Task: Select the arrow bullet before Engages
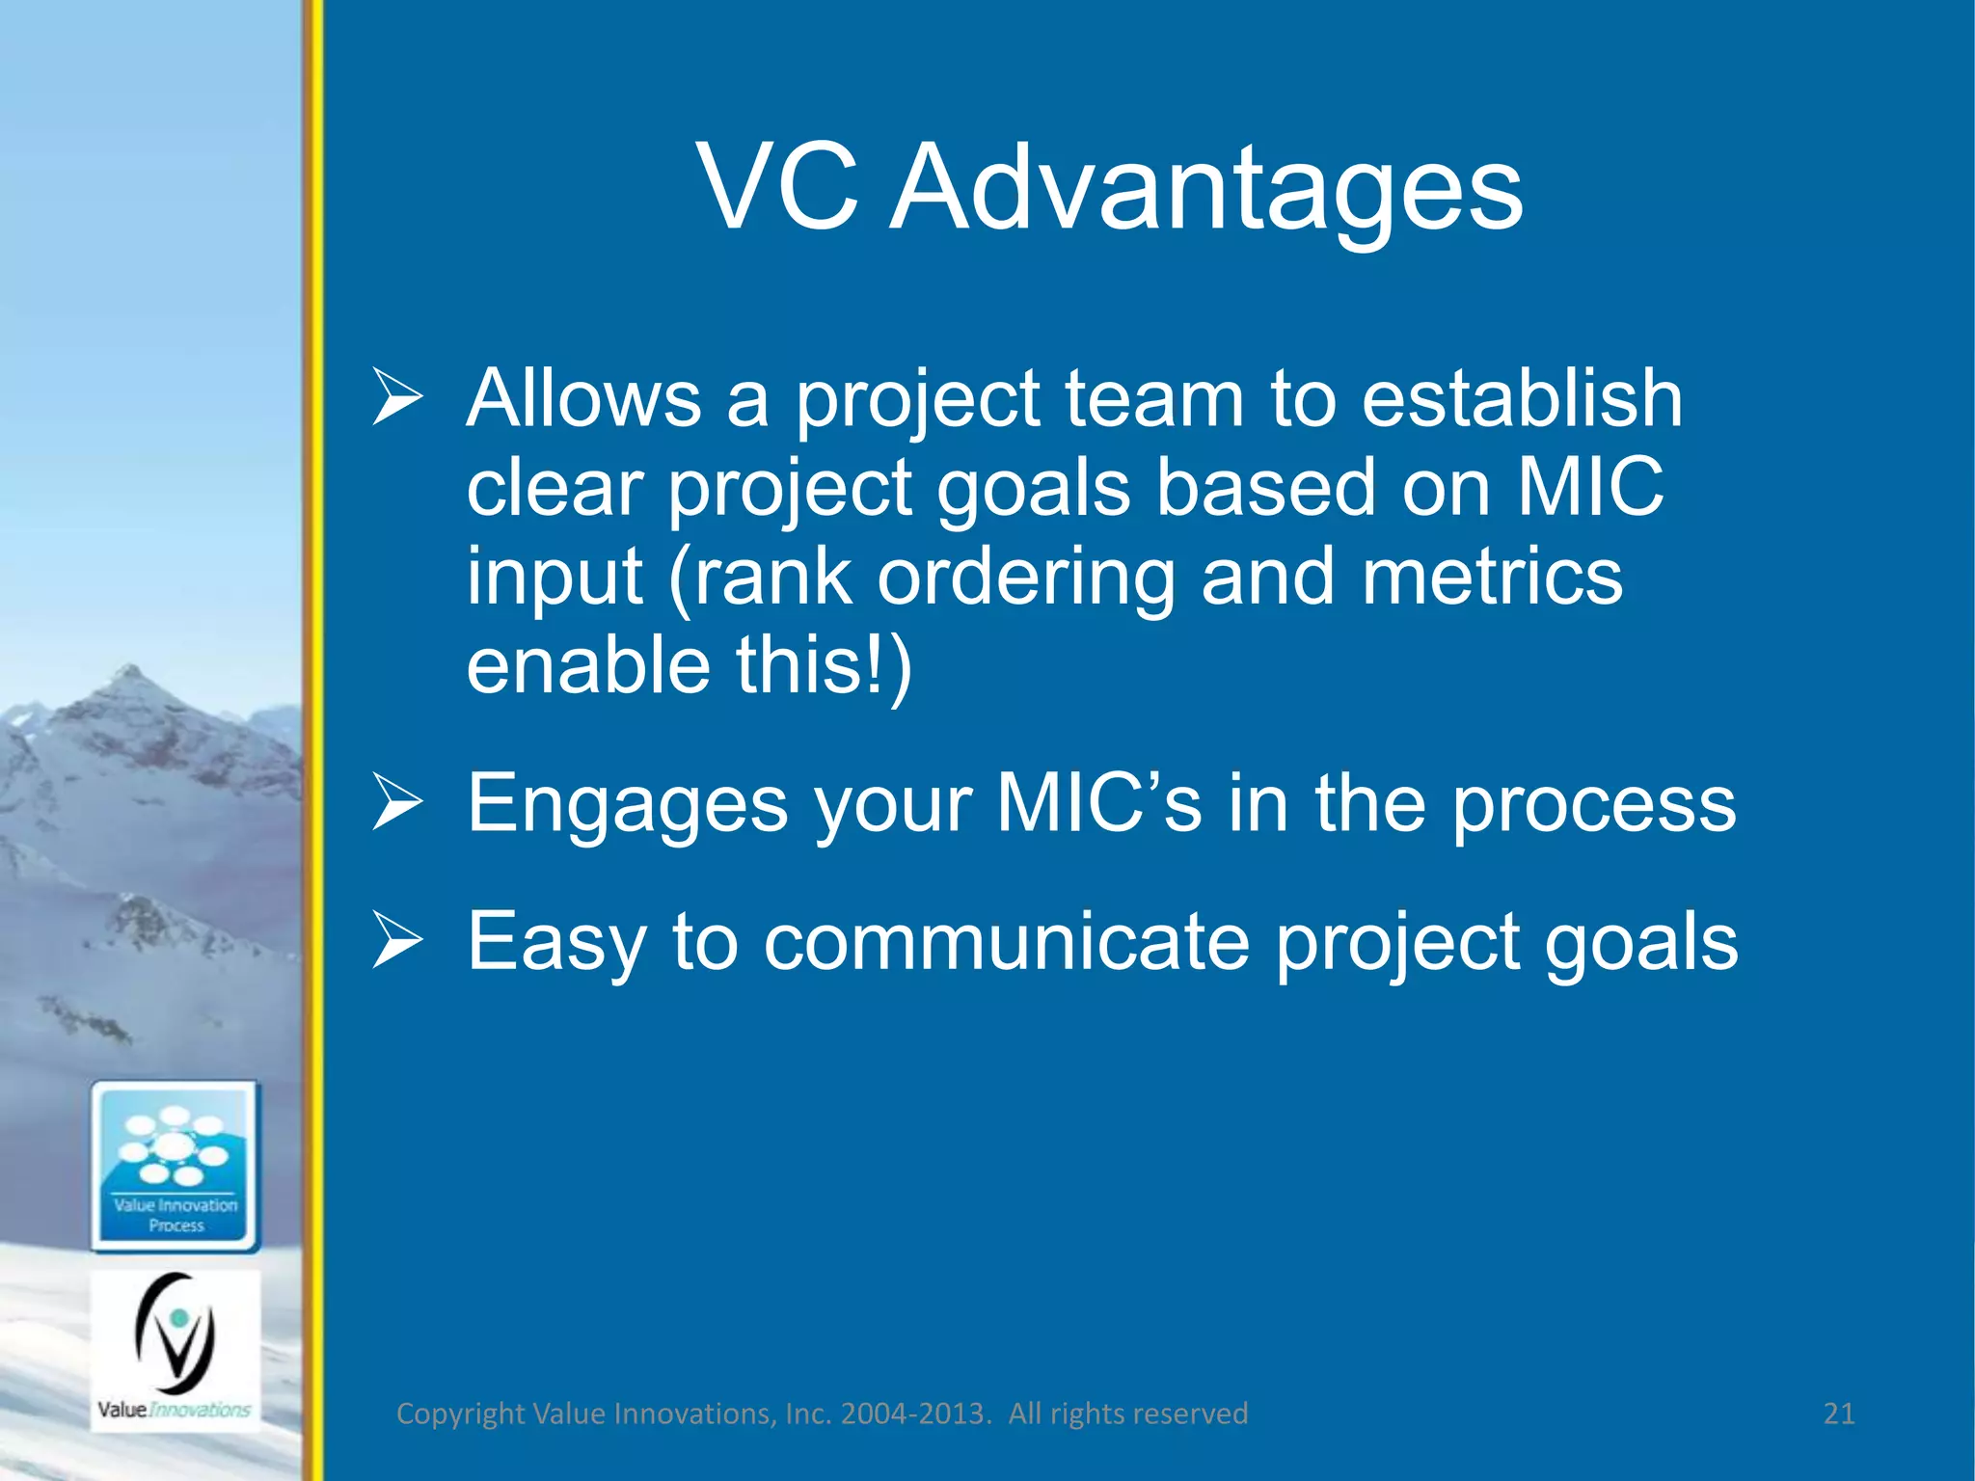397,805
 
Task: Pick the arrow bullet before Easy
397,943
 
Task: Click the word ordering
1026,577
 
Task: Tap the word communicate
1006,942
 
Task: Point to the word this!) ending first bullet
824,667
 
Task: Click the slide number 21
1838,1414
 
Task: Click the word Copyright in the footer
461,1414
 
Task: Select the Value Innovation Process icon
176,1167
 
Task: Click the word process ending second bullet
1593,805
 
